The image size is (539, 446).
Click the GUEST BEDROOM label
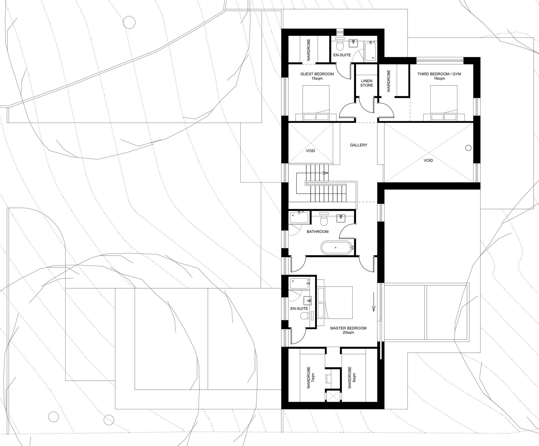(x=317, y=74)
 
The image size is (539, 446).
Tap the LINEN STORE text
(x=367, y=83)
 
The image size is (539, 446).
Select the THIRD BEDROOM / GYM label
(x=439, y=74)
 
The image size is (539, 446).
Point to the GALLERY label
(x=358, y=145)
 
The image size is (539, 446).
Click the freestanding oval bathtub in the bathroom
(x=337, y=247)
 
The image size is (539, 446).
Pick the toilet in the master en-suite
(x=304, y=316)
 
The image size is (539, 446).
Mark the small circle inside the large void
(x=468, y=147)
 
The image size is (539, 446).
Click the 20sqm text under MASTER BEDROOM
(x=348, y=332)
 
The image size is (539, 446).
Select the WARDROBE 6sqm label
(x=352, y=377)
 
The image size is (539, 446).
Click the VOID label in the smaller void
(x=310, y=151)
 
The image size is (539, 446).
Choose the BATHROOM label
(x=317, y=232)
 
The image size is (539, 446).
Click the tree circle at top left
(x=129, y=22)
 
